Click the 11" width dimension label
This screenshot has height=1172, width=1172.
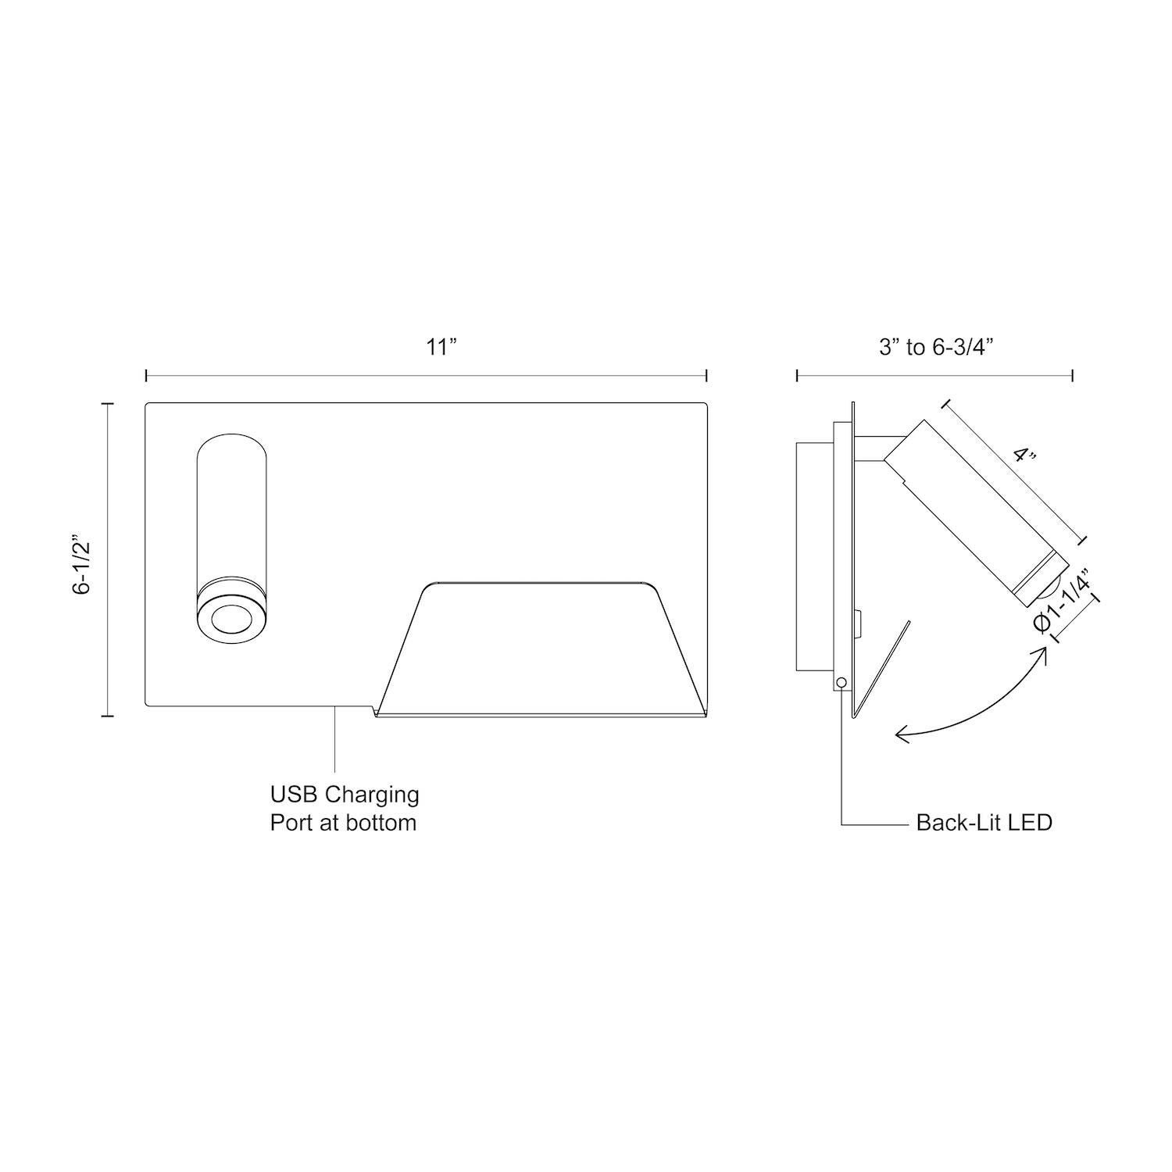pyautogui.click(x=441, y=347)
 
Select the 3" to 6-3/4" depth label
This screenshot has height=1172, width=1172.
pyautogui.click(x=935, y=347)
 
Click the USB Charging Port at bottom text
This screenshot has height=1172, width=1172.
pyautogui.click(x=344, y=808)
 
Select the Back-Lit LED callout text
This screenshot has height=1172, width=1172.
pyautogui.click(x=984, y=823)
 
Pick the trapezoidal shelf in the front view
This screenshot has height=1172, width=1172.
pyautogui.click(x=539, y=649)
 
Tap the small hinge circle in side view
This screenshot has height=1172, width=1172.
pyautogui.click(x=841, y=683)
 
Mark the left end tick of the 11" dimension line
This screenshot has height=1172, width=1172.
pyautogui.click(x=146, y=376)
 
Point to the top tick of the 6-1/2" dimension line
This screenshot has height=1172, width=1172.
pyautogui.click(x=107, y=404)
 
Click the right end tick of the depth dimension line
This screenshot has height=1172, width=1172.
pyautogui.click(x=1072, y=376)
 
